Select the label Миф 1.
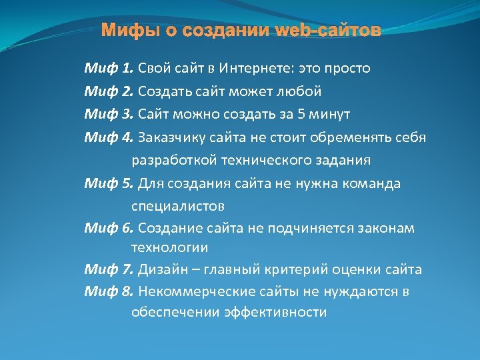[109, 68]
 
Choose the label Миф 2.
[109, 91]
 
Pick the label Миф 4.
[109, 137]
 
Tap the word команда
[370, 183]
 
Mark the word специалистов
[178, 205]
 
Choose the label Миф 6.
[109, 228]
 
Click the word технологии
[169, 247]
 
